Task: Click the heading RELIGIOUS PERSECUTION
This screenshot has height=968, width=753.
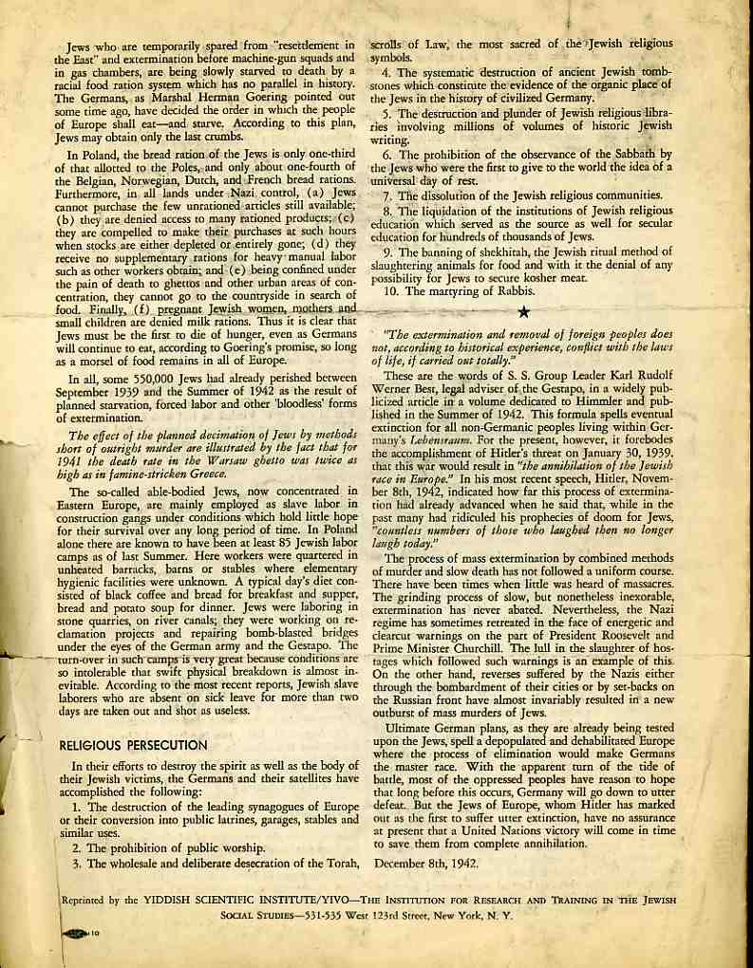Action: (x=133, y=745)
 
